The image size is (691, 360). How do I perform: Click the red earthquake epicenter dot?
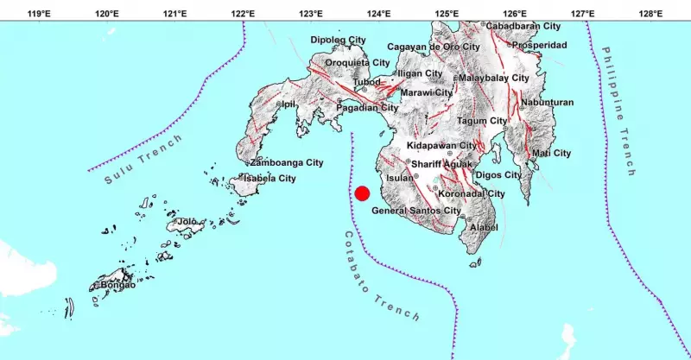pos(363,193)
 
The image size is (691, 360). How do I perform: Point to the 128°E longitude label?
pos(650,14)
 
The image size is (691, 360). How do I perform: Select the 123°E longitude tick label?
pos(311,14)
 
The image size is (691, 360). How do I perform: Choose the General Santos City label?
pos(416,211)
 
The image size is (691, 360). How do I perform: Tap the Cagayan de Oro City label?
pos(434,47)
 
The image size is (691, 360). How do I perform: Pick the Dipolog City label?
pos(339,40)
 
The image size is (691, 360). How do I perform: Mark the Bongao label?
pos(118,285)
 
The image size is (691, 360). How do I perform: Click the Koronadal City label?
pos(472,194)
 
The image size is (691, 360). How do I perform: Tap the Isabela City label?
pos(269,178)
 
